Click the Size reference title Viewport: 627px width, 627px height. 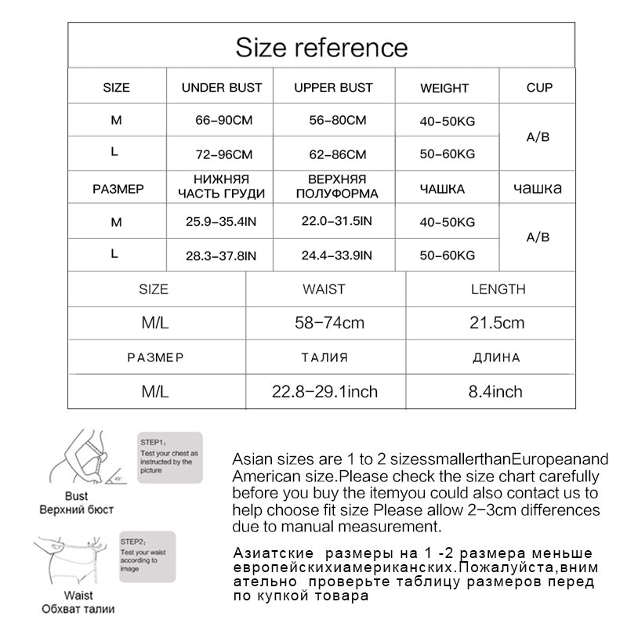[321, 47]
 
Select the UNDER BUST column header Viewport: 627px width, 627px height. [222, 88]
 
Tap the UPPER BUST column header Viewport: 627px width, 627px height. [333, 88]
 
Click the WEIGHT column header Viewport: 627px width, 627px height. [444, 89]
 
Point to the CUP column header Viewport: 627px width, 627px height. [539, 88]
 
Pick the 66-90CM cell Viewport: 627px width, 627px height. [223, 121]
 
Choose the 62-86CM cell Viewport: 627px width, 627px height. [334, 155]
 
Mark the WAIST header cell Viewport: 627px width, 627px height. [324, 289]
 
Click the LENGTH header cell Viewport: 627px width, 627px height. [498, 289]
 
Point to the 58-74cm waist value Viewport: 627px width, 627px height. [324, 323]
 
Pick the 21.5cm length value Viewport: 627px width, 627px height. [498, 323]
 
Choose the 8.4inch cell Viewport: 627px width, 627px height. [495, 391]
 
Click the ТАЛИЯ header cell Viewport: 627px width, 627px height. [324, 357]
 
